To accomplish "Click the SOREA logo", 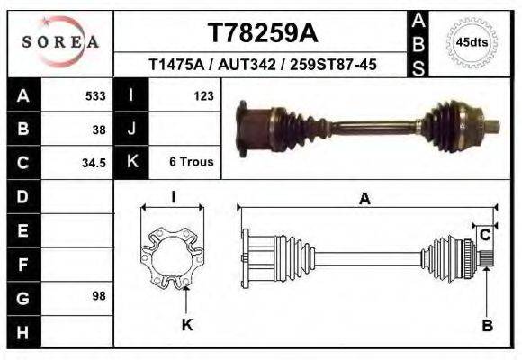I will (60, 42).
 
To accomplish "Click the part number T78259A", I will (263, 33).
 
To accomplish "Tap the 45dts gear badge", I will (472, 42).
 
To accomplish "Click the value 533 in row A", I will (94, 95).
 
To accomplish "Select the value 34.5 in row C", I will (94, 163).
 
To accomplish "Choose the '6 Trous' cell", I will (191, 163).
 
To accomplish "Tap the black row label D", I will (22, 196).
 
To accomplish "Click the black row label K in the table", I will (132, 163).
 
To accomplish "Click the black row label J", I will (132, 129).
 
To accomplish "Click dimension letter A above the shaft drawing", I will (364, 200).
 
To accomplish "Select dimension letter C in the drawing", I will (485, 236).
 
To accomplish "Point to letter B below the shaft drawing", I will (487, 326).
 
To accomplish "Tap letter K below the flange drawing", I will (187, 326).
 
